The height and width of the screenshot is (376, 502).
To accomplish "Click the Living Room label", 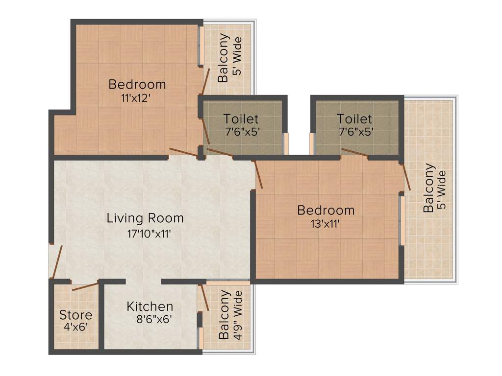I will tap(145, 218).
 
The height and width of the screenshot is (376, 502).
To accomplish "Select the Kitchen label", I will tap(150, 307).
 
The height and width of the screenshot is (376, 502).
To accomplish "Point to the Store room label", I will tap(75, 315).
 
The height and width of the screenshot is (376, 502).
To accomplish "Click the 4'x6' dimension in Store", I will tap(75, 327).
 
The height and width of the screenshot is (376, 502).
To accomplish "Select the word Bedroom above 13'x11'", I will tap(326, 211).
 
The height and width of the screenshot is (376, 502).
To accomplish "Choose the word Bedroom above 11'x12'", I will tap(137, 84).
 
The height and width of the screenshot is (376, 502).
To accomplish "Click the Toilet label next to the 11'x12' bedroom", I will tap(241, 119).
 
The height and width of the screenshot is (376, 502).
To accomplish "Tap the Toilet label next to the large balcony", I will tap(354, 119).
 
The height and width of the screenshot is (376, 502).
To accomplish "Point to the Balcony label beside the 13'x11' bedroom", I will tap(428, 188).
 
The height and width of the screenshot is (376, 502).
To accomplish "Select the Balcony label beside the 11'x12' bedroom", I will tap(223, 58).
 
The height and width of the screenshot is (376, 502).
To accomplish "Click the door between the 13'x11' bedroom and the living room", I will tap(258, 174).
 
